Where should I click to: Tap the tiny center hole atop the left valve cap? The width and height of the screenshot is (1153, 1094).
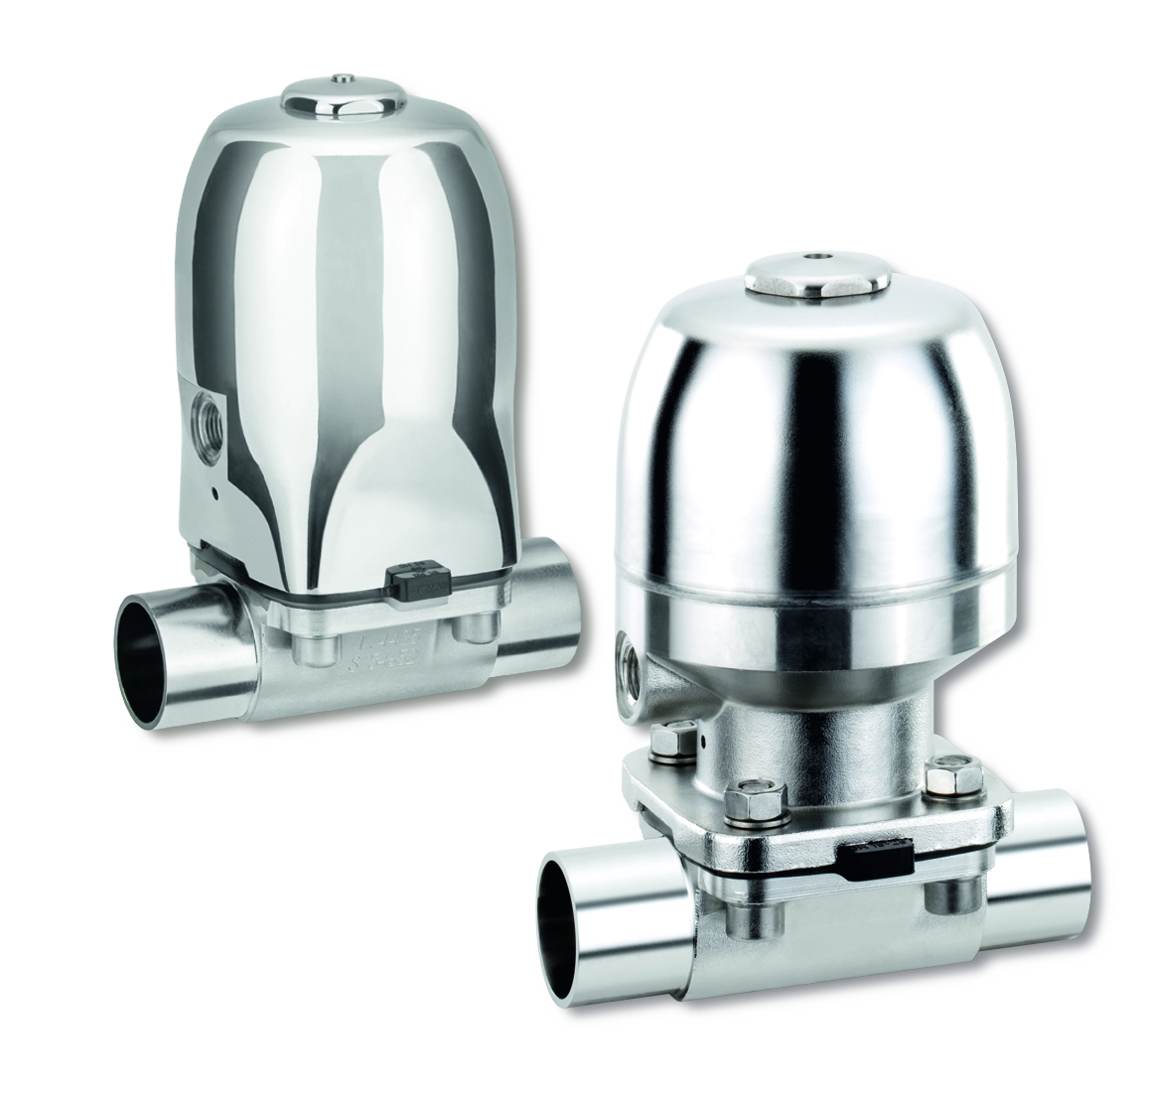343,77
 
